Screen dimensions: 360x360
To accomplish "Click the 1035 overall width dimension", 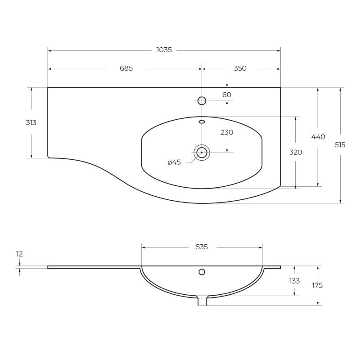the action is coord(164,50).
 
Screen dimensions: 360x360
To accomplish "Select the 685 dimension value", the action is coord(126,68).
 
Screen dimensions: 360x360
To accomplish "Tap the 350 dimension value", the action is coord(240,68).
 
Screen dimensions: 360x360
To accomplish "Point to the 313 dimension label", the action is coord(31,122).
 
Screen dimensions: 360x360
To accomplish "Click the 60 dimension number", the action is coord(227,94).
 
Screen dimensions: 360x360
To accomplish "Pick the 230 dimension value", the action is coord(227,132).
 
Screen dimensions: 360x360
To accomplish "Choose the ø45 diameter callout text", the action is coord(174,162).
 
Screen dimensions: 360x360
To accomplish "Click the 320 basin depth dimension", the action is coord(296,152).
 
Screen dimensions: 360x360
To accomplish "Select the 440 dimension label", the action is coord(318,137).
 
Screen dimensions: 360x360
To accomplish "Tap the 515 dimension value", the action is coord(340,145).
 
